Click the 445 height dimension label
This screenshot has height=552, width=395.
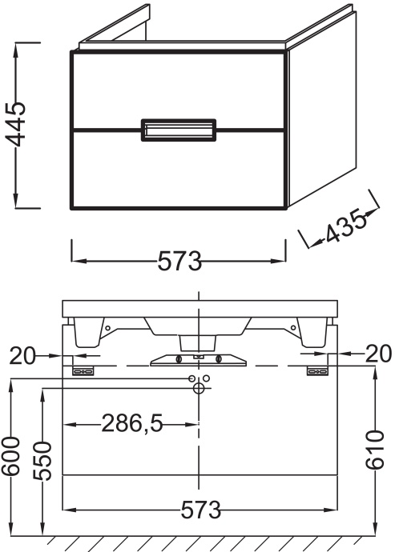tap(17, 124)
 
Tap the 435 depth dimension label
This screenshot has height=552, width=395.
tap(345, 226)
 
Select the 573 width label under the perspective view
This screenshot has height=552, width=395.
tap(179, 261)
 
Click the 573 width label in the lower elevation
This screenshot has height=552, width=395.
tap(200, 510)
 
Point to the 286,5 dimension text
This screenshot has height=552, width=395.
tap(132, 423)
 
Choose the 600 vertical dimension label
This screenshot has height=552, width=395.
tap(10, 456)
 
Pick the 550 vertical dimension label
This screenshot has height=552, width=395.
tap(42, 461)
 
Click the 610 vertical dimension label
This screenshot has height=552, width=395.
tap(374, 450)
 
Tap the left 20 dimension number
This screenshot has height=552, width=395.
tap(22, 355)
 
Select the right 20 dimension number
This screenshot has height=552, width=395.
tap(378, 353)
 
